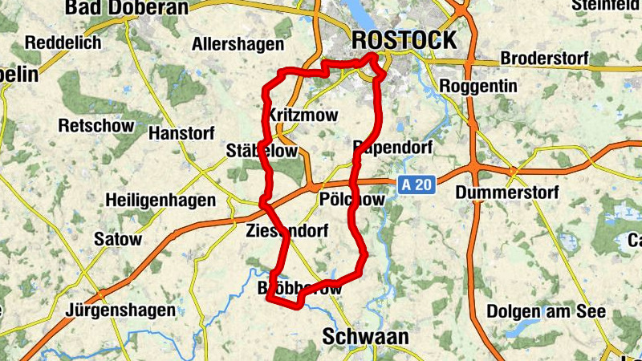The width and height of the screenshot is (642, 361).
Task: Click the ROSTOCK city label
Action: click(x=404, y=39)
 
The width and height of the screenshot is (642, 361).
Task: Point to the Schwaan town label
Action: click(x=365, y=337)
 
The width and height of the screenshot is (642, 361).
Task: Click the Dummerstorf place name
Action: click(x=505, y=193)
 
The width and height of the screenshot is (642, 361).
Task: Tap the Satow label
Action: click(x=118, y=239)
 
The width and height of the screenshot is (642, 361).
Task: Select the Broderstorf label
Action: click(x=543, y=59)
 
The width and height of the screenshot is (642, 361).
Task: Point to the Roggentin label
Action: click(x=479, y=86)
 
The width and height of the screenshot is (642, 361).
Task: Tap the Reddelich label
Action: click(x=63, y=43)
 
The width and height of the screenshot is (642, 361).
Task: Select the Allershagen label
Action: click(x=238, y=44)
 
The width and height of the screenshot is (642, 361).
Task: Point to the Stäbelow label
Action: click(x=262, y=151)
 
